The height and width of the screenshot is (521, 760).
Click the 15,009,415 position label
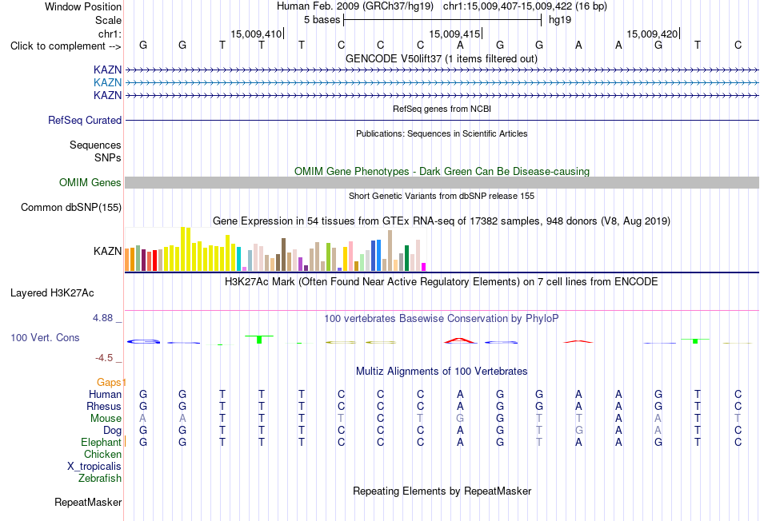(454, 34)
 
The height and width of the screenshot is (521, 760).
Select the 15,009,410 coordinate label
(256, 34)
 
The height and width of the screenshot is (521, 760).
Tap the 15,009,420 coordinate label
(652, 34)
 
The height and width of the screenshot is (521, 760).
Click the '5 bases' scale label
(322, 20)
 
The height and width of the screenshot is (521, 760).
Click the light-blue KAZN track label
(108, 82)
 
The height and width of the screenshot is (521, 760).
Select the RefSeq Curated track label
(85, 120)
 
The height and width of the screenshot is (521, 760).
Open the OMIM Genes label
(90, 182)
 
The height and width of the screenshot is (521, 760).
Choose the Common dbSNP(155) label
(71, 207)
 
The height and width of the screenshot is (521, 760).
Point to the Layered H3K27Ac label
(52, 293)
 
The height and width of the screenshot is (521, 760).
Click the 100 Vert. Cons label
(45, 337)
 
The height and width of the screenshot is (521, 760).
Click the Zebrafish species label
(100, 478)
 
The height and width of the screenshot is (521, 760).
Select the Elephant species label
(102, 442)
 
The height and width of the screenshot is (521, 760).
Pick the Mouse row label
(106, 418)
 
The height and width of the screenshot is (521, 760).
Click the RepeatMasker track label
(88, 502)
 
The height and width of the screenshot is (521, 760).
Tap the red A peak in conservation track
(460, 340)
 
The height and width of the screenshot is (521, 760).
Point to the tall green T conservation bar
(259, 339)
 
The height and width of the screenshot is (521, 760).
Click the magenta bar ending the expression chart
(424, 267)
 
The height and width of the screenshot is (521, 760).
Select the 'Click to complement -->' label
(66, 46)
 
